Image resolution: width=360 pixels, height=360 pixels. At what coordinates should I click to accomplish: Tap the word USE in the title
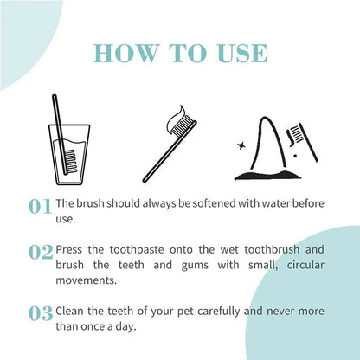click(242, 54)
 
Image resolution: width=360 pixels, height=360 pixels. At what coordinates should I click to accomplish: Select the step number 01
click(40, 207)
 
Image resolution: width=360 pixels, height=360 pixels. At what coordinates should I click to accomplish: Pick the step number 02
click(41, 253)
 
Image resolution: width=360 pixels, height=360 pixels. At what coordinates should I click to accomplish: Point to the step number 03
click(41, 314)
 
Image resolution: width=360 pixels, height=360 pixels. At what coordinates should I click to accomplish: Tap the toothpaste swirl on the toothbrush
click(177, 118)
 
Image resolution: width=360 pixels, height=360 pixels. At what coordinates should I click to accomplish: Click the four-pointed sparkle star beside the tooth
click(241, 145)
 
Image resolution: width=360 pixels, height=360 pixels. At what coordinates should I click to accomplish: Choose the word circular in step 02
click(305, 265)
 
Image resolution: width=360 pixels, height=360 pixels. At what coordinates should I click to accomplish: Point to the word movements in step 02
click(87, 280)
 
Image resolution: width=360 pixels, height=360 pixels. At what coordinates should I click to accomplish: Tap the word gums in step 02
click(195, 266)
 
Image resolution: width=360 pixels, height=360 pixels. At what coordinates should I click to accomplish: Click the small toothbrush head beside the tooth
click(295, 134)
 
